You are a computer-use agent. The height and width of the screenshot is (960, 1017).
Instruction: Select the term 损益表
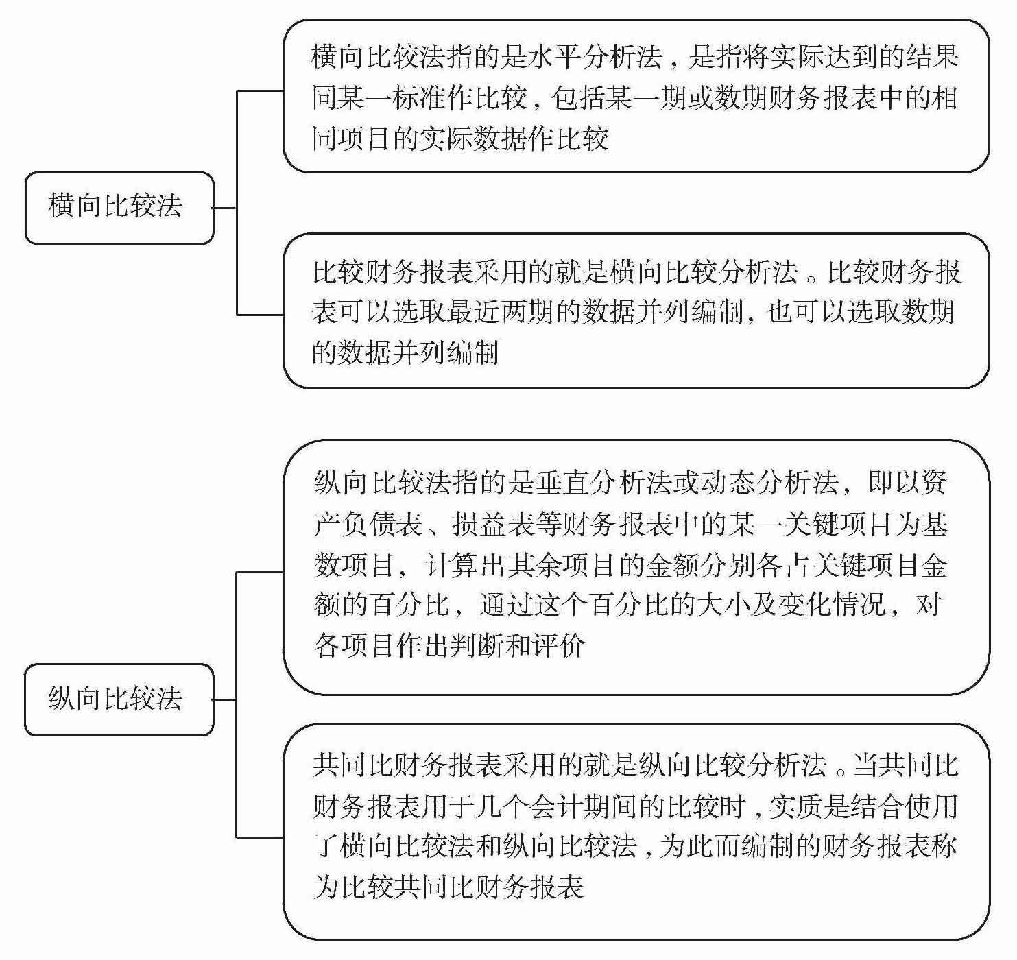click(x=493, y=525)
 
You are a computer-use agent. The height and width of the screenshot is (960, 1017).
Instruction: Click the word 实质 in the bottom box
click(x=795, y=806)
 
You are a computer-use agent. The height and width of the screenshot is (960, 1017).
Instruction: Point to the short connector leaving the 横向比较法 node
click(x=225, y=207)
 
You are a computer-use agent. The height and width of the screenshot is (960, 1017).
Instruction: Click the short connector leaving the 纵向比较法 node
click(x=225, y=699)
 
